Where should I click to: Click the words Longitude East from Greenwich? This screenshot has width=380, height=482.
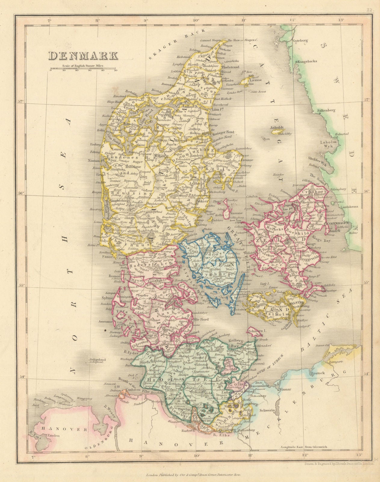[303, 447]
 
